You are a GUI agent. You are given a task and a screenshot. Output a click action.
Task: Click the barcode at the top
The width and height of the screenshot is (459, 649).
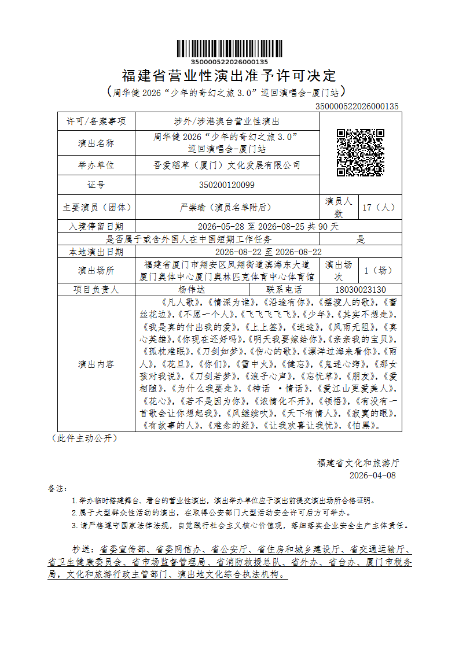pyautogui.click(x=229, y=49)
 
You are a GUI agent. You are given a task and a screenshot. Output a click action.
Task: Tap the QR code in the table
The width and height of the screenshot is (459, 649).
pyautogui.click(x=360, y=153)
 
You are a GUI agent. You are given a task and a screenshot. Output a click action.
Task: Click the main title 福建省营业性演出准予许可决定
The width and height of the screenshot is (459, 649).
pyautogui.click(x=229, y=76)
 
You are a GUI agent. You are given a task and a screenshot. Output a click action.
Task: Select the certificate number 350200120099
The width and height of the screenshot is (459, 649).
pyautogui.click(x=226, y=185)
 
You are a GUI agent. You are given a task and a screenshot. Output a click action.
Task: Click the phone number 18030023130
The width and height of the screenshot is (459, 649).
pyautogui.click(x=360, y=290)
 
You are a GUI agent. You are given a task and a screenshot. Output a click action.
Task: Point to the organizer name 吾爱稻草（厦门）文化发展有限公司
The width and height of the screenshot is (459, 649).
pyautogui.click(x=226, y=165)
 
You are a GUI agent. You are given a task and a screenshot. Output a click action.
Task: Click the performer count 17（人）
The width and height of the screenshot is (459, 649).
pyautogui.click(x=379, y=207)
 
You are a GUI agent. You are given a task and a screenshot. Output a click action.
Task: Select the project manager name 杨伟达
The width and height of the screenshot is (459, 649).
pyautogui.click(x=192, y=290)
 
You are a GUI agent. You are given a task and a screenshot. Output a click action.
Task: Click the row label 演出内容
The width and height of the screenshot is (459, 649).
pyautogui.click(x=96, y=364)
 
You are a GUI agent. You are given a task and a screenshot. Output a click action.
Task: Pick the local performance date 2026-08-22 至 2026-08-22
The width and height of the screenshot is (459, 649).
pyautogui.click(x=268, y=252)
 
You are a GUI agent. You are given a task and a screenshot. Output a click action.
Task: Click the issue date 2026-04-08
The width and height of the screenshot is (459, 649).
pyautogui.click(x=373, y=475)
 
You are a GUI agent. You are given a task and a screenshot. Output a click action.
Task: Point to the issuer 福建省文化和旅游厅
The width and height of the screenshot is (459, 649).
pyautogui.click(x=358, y=463)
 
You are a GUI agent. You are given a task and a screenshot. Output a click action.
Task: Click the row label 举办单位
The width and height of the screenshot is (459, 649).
pyautogui.click(x=96, y=165)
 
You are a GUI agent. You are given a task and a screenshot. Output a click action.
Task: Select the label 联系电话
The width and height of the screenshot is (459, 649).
pyautogui.click(x=284, y=290)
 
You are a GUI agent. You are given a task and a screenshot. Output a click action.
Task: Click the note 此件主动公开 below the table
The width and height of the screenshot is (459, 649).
pyautogui.click(x=85, y=438)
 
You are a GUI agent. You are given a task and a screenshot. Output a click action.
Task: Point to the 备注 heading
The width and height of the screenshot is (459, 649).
pyautogui.click(x=58, y=488)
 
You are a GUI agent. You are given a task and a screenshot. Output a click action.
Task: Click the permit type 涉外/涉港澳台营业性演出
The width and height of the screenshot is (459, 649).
pyautogui.click(x=226, y=121)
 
